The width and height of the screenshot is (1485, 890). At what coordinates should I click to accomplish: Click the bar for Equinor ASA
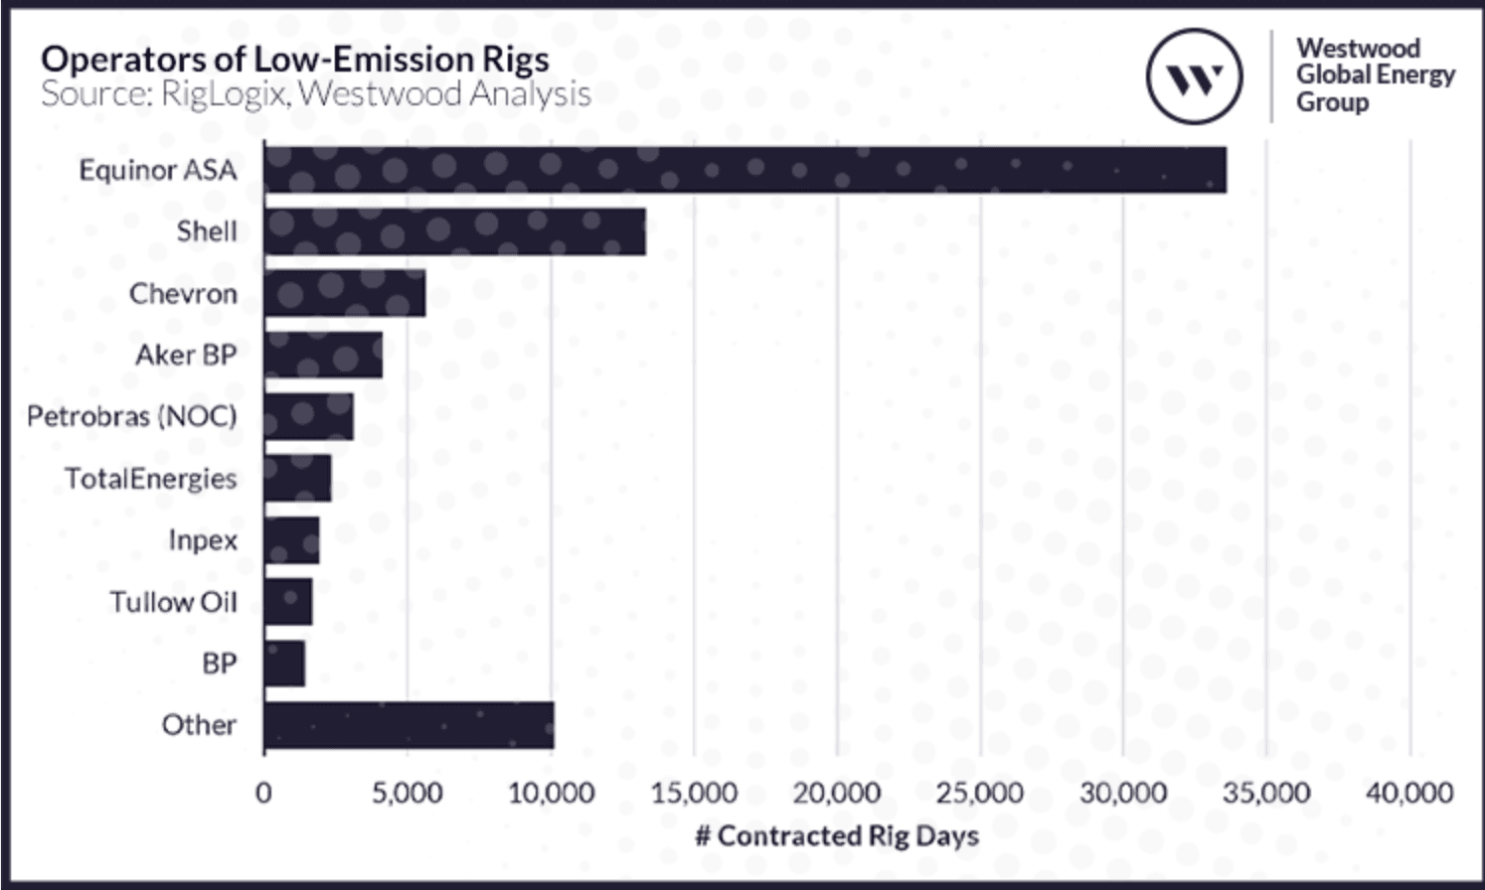point(744,170)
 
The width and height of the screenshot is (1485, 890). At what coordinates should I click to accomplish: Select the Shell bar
point(455,231)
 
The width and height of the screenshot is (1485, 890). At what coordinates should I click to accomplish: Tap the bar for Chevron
point(345,294)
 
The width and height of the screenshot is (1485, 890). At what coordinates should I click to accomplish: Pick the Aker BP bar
point(323,355)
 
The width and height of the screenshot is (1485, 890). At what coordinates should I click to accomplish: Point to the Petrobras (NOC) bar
point(308,416)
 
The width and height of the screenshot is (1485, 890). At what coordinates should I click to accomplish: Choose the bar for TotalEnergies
point(297,478)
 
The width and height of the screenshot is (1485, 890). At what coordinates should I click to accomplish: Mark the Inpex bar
point(291,539)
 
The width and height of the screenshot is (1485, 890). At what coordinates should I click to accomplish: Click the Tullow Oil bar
point(288,602)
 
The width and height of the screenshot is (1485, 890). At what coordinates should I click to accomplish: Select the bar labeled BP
point(284,664)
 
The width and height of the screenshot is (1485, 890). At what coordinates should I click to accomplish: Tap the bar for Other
point(409,725)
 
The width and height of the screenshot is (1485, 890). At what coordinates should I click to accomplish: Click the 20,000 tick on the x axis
point(836,793)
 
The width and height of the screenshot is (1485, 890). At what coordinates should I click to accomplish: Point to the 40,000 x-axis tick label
point(1408,793)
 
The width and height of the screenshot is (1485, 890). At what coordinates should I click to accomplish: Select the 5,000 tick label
point(407,793)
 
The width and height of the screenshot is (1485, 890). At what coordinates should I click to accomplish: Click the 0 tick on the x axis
point(263,793)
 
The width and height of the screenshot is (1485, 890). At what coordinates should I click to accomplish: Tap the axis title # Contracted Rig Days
point(837,835)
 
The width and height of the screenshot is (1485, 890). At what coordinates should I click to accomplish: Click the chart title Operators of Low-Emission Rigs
point(294,60)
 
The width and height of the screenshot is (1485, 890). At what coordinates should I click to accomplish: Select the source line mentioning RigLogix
point(315,94)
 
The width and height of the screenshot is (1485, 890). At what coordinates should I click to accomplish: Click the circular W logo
point(1194,76)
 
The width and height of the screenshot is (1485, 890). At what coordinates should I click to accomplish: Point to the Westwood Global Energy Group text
point(1375,75)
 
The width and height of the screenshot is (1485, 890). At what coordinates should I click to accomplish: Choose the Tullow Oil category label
point(173,602)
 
